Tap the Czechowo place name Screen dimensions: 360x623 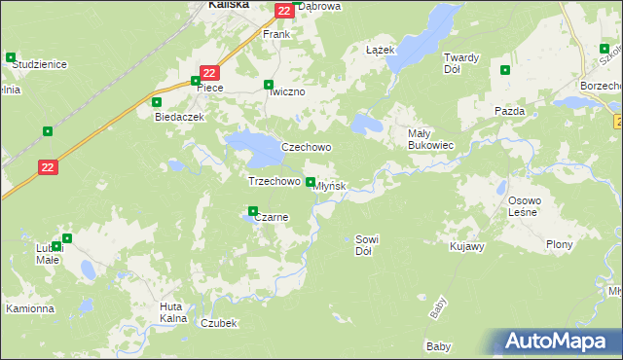click(x=307, y=148)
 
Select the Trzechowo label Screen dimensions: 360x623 click(x=274, y=182)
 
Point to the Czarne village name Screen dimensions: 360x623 click(x=271, y=218)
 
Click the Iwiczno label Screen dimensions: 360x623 click(x=287, y=91)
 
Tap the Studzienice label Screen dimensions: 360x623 click(x=39, y=64)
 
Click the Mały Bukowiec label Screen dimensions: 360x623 click(x=430, y=139)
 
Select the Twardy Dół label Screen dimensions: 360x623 click(x=460, y=63)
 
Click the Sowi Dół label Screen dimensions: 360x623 click(x=366, y=244)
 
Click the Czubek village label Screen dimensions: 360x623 click(x=218, y=323)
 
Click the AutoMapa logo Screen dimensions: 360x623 click(x=559, y=342)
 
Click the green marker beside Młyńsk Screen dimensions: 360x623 click(x=311, y=182)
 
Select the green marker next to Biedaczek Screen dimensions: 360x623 click(x=156, y=101)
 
